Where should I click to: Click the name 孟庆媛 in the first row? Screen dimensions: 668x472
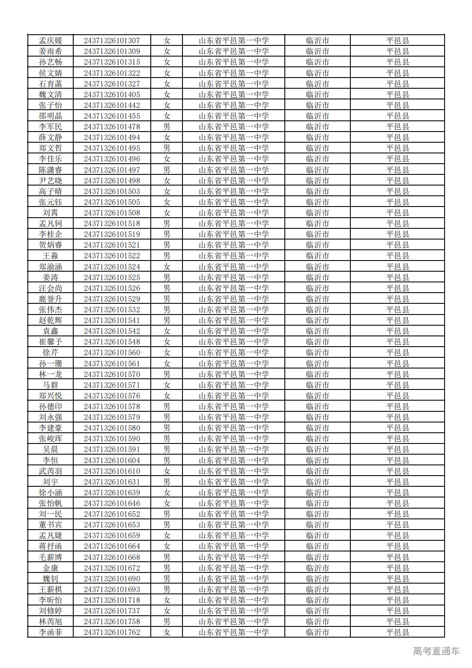pyautogui.click(x=51, y=41)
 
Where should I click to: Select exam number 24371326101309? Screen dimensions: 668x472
pyautogui.click(x=112, y=51)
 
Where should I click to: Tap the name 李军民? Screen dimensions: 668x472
pyautogui.click(x=51, y=127)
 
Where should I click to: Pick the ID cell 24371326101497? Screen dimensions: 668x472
pyautogui.click(x=112, y=170)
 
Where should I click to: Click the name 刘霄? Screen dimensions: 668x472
pyautogui.click(x=51, y=213)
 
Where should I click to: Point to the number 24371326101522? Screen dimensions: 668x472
pyautogui.click(x=112, y=256)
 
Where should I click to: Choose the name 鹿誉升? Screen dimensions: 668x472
pyautogui.click(x=51, y=299)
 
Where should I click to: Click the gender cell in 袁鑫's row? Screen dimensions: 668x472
pyautogui.click(x=167, y=331)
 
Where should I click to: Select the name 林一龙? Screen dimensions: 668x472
pyautogui.click(x=51, y=374)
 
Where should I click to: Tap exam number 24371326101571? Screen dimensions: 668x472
pyautogui.click(x=112, y=385)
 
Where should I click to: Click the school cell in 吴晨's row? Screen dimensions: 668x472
pyautogui.click(x=233, y=449)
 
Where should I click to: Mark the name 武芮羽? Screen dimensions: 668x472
pyautogui.click(x=51, y=471)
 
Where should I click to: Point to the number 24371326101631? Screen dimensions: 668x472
pyautogui.click(x=112, y=482)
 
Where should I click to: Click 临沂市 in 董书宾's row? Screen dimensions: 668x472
pyautogui.click(x=317, y=525)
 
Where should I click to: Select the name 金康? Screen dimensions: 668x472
pyautogui.click(x=51, y=568)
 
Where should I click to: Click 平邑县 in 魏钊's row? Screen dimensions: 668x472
pyautogui.click(x=397, y=579)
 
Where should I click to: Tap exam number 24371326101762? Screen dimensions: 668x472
pyautogui.click(x=112, y=632)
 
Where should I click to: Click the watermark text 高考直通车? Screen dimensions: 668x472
pyautogui.click(x=436, y=651)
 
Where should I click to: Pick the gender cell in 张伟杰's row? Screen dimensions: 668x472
pyautogui.click(x=167, y=310)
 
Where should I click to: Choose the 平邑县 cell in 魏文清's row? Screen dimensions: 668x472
pyautogui.click(x=397, y=95)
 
